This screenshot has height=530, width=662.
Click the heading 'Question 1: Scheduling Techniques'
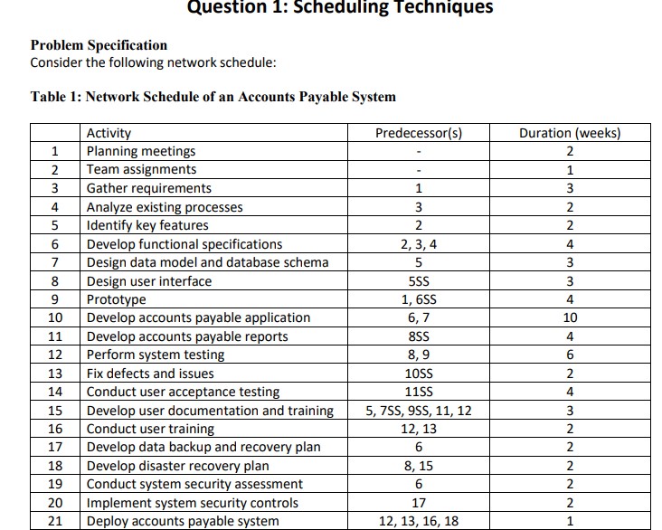(x=340, y=8)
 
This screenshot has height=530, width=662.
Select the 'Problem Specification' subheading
(x=99, y=45)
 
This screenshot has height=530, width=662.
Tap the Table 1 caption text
(x=213, y=97)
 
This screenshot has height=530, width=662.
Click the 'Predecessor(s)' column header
(x=418, y=133)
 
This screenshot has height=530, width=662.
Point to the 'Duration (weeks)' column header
(x=570, y=133)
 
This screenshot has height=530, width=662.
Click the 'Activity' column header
(x=108, y=133)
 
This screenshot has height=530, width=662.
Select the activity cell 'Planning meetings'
(x=140, y=151)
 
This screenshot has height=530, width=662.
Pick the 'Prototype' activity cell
(x=116, y=299)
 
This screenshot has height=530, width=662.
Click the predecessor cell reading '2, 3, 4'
(x=418, y=244)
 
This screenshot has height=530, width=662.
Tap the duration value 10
(x=569, y=318)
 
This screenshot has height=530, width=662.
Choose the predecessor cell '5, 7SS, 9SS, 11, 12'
(x=418, y=411)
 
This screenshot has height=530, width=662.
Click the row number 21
(x=55, y=522)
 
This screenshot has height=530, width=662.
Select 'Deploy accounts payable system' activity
(x=183, y=522)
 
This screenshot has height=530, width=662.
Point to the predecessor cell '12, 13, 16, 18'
(x=418, y=522)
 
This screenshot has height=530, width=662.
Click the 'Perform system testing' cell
(x=155, y=355)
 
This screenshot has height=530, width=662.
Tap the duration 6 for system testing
(x=569, y=355)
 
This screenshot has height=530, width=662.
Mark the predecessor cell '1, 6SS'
(x=418, y=299)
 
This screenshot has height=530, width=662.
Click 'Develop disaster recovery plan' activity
(x=177, y=467)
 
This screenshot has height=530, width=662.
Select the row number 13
(x=55, y=374)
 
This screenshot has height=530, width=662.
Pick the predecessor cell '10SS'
(x=418, y=374)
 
